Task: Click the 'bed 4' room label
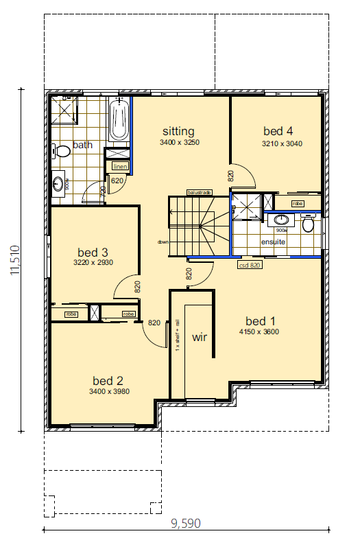278,130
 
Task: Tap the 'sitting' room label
178,131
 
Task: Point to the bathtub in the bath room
119,120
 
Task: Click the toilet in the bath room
62,150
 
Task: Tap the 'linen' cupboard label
119,166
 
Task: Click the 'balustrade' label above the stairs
199,192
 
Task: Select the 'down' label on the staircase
163,242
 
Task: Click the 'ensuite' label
273,242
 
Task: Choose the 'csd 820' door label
249,264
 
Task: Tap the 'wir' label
200,337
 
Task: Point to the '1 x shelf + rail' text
177,336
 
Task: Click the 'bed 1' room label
261,320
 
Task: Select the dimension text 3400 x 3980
109,391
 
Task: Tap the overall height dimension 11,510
14,261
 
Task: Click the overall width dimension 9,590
187,524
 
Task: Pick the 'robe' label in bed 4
298,204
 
